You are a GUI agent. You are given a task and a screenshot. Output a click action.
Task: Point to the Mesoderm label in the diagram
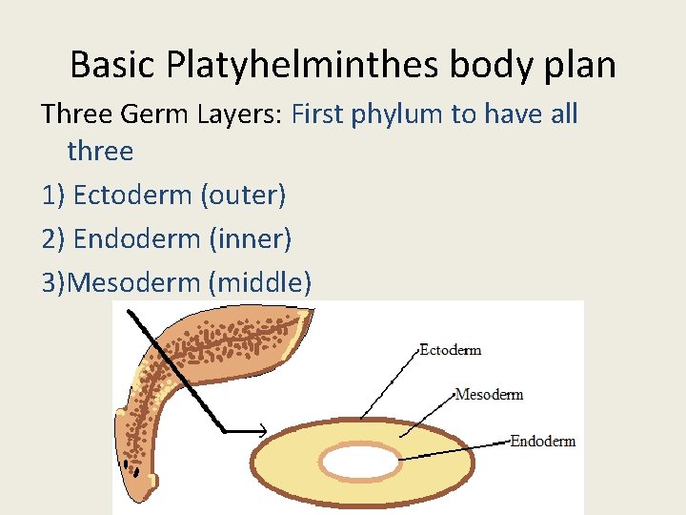coord(489,394)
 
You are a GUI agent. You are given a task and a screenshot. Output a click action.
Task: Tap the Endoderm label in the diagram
coord(542,441)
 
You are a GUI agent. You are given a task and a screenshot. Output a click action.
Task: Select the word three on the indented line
coord(100,151)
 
